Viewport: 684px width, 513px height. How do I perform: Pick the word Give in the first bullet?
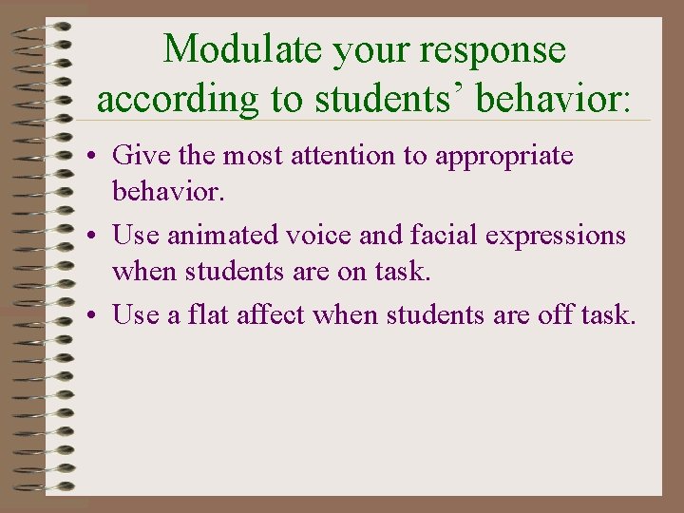click(135, 156)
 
